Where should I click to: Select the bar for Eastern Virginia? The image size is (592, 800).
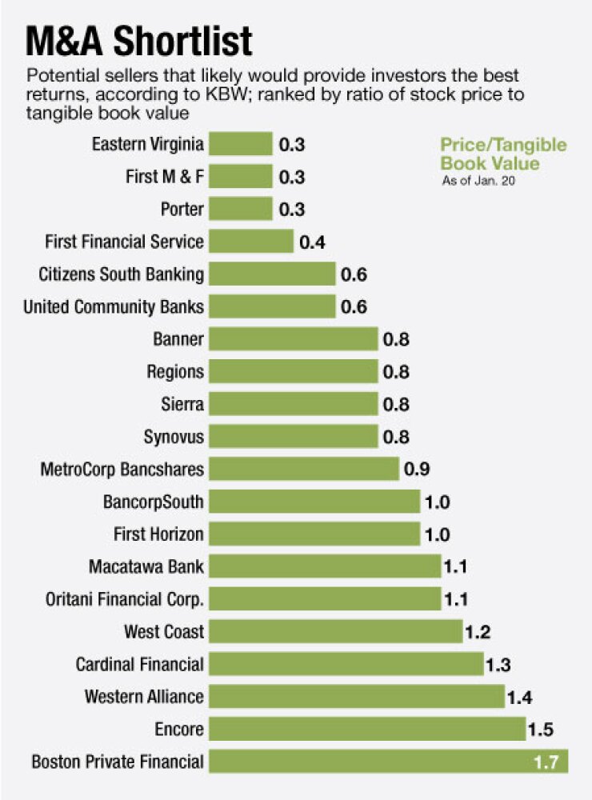tap(241, 145)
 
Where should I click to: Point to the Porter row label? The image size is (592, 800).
tap(183, 210)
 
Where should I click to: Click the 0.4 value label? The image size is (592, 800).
tap(313, 242)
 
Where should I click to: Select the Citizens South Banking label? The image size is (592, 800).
tap(121, 274)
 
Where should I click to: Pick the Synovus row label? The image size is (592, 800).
tap(174, 437)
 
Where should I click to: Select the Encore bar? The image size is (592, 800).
tap(367, 729)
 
